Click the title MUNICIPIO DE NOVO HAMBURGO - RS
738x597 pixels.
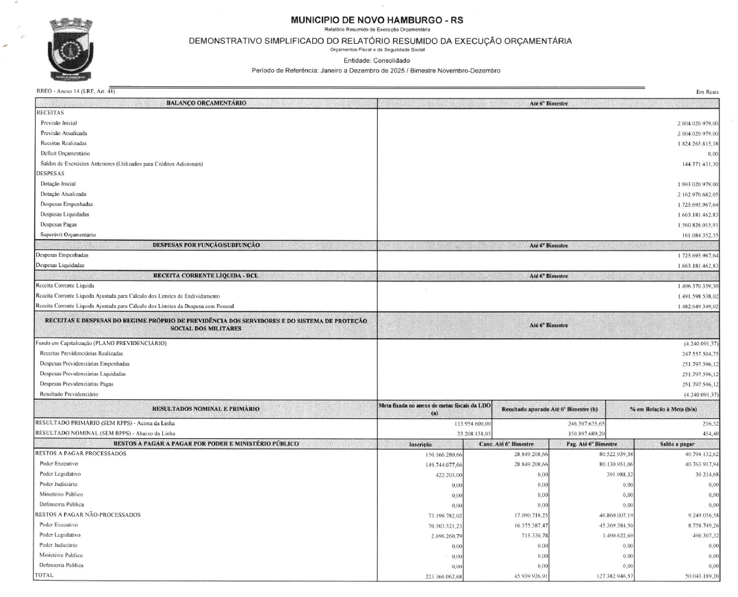[368, 21]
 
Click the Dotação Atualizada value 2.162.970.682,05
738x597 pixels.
[693, 194]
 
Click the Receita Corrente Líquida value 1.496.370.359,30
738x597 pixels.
[693, 284]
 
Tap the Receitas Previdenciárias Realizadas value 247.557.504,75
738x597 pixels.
[695, 353]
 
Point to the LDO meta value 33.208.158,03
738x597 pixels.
[454, 433]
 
